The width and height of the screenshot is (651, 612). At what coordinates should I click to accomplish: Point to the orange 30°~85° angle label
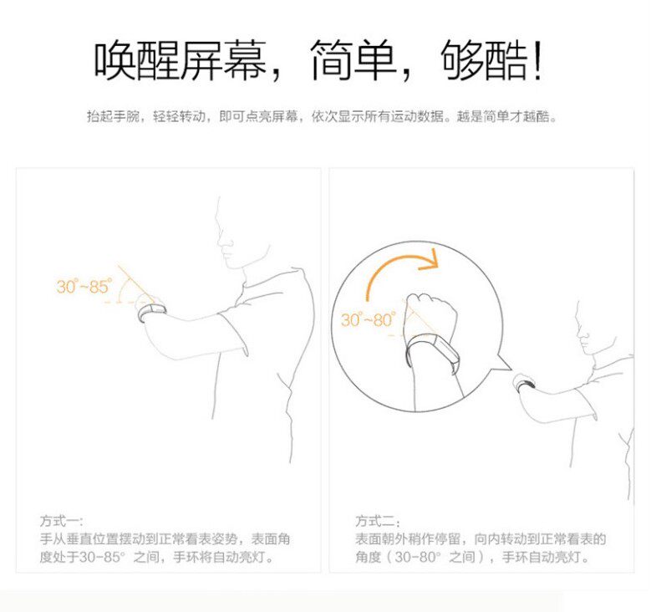84,287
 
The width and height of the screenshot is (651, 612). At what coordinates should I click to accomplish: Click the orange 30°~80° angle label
368,320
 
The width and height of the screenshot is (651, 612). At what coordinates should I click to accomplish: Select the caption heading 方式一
62,520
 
